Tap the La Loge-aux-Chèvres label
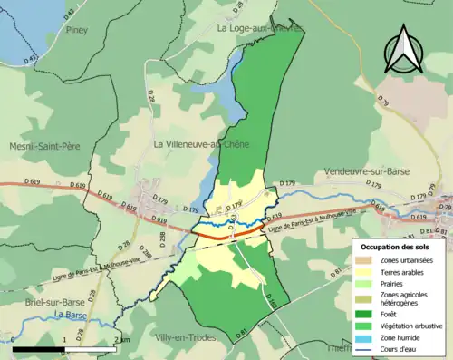tap(258, 28)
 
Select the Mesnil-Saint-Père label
tap(45, 145)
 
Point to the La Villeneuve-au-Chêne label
tap(200, 144)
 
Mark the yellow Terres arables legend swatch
tap(367, 271)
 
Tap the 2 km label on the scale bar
tap(121, 340)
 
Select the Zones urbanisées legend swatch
tap(367, 259)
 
